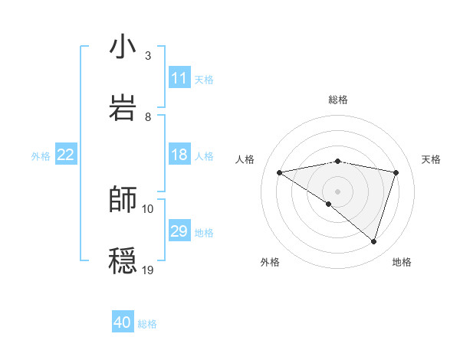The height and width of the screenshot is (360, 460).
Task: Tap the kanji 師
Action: [x=123, y=199]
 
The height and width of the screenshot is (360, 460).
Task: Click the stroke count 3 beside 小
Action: [x=148, y=56]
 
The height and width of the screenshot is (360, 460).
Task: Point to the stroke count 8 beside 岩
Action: [x=148, y=116]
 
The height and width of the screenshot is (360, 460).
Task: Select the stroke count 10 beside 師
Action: [x=148, y=208]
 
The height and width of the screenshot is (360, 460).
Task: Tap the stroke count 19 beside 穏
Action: [x=148, y=270]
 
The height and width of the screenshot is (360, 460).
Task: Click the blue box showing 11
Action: [x=179, y=78]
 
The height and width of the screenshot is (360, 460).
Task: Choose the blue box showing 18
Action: [x=179, y=155]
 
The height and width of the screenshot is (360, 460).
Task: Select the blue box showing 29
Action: [x=179, y=231]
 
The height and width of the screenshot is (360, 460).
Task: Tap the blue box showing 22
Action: [x=66, y=155]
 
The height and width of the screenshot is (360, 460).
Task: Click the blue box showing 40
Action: [x=123, y=322]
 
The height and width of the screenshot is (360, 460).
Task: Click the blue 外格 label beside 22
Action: [x=41, y=155]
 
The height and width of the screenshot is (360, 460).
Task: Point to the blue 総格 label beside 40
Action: [x=147, y=324]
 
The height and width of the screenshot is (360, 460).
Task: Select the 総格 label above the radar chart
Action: [x=337, y=100]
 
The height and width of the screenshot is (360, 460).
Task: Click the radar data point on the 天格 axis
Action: [x=396, y=172]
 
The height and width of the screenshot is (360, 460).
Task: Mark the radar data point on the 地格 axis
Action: [x=373, y=241]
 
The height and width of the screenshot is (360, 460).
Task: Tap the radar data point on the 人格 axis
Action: [x=280, y=172]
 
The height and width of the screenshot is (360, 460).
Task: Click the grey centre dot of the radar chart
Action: [x=337, y=191]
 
